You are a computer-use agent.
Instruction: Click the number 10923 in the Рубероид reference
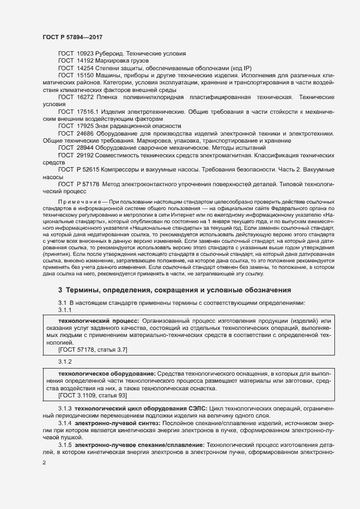[x=86, y=53]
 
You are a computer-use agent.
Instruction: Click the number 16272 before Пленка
[x=86, y=96]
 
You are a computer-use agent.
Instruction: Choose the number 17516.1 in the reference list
[x=88, y=111]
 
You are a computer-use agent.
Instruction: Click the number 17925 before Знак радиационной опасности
[x=86, y=125]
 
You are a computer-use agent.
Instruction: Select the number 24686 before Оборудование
[x=86, y=133]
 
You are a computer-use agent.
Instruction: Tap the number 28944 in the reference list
[x=86, y=148]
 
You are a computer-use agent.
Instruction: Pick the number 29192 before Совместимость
[x=86, y=155]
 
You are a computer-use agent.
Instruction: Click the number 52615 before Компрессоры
[x=94, y=169]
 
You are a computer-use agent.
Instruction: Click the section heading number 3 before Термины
[x=60, y=290]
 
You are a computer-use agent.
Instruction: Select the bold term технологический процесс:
[x=91, y=322]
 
